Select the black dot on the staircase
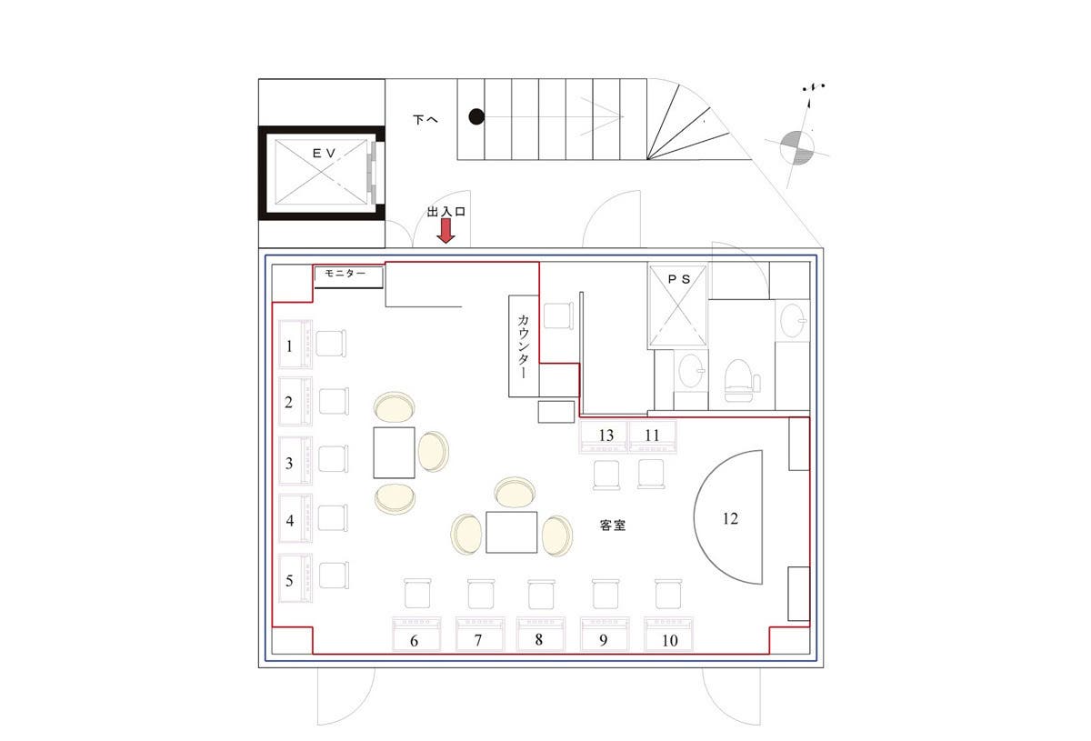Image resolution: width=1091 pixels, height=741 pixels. (475, 116)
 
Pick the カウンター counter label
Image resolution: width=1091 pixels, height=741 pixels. (525, 345)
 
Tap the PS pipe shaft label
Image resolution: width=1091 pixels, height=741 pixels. (678, 280)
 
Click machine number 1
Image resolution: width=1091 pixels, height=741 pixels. (295, 345)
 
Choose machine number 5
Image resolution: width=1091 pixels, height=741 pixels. (295, 580)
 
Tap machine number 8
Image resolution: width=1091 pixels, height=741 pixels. (539, 638)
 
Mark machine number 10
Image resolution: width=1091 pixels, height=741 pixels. (669, 639)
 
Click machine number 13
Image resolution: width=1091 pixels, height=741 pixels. (606, 436)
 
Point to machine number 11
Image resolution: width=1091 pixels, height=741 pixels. (653, 436)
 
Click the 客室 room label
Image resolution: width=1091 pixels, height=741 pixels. (613, 525)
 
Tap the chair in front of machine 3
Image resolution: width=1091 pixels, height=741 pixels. (334, 459)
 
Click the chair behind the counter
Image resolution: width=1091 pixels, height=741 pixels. (558, 315)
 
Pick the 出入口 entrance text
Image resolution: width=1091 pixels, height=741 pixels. (446, 212)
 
